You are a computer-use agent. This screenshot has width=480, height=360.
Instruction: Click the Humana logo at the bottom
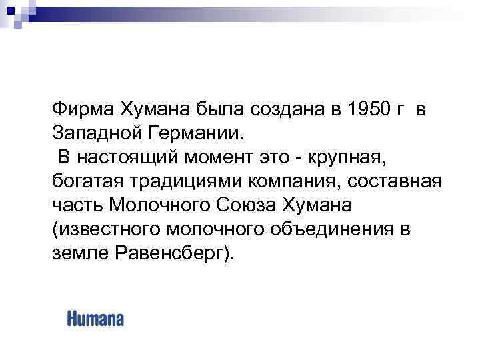pyautogui.click(x=95, y=319)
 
